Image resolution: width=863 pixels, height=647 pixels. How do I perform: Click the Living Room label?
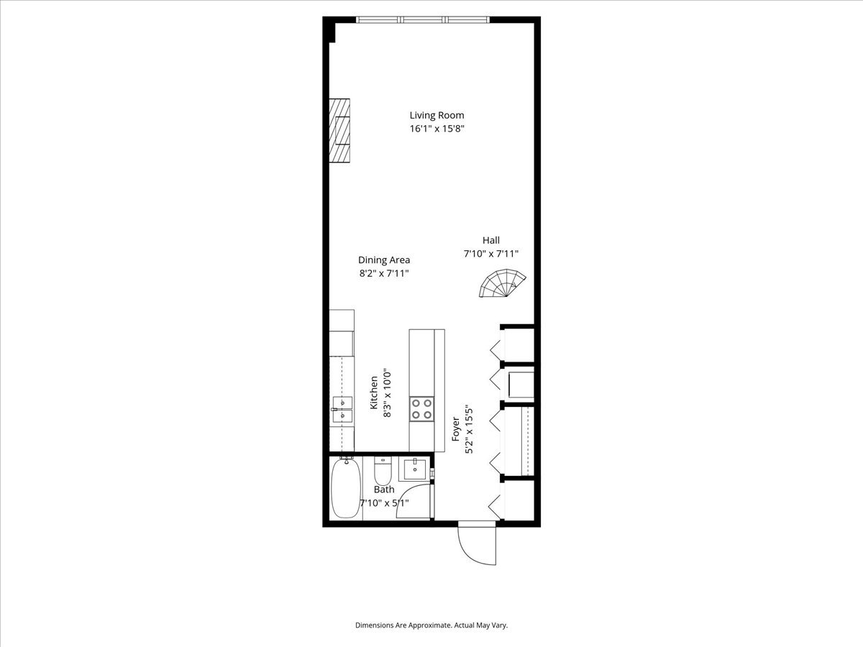[437, 115]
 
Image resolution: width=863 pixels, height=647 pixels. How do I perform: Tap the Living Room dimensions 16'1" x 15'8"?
[437, 129]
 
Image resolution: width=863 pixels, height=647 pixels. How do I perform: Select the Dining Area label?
[384, 260]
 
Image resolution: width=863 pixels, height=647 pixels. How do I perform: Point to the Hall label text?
[491, 241]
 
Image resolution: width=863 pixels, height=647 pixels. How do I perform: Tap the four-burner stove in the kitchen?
[421, 408]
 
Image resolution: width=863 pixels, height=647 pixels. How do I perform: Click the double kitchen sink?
[342, 408]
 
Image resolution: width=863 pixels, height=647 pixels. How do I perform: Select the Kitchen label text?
[374, 393]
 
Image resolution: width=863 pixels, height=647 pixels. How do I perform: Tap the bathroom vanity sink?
[414, 469]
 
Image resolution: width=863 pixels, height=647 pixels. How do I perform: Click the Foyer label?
[456, 430]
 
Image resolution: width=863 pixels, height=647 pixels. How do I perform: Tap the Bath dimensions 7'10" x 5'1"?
[384, 503]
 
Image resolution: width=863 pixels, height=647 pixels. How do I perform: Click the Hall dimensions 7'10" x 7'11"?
[491, 254]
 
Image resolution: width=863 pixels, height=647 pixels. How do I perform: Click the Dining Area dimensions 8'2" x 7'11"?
[384, 273]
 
